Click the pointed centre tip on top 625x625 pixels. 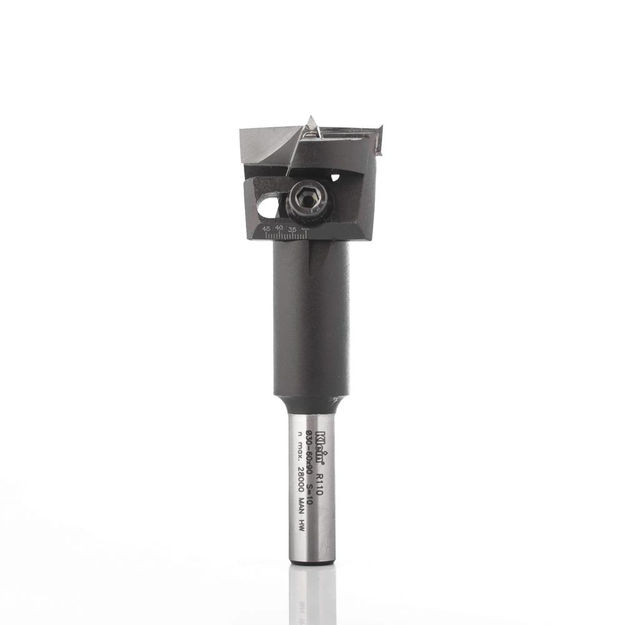click(x=311, y=120)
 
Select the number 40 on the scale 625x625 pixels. click(x=279, y=229)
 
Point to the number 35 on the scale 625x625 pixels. click(x=292, y=229)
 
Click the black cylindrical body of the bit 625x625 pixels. click(x=311, y=319)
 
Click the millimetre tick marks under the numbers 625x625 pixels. click(x=284, y=236)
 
